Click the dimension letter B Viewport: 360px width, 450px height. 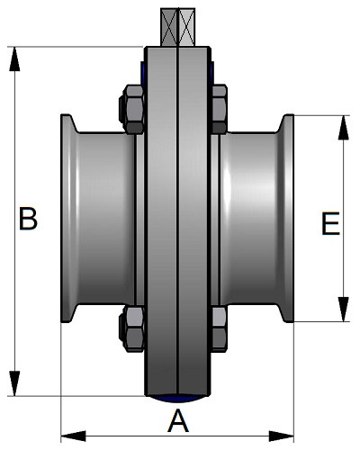click(x=28, y=219)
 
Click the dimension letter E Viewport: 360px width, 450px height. click(x=330, y=223)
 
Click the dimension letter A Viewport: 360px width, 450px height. click(x=178, y=420)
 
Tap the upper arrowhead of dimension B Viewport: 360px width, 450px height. click(x=14, y=58)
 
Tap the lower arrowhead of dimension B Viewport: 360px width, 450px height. click(x=14, y=383)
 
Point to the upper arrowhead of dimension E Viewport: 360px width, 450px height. click(x=344, y=128)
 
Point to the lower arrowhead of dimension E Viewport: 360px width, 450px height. click(x=344, y=310)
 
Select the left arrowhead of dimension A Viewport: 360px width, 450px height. click(x=73, y=436)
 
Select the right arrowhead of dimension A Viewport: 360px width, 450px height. click(x=282, y=436)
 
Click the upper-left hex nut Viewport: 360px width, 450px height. click(x=132, y=110)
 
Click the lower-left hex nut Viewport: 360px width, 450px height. click(x=132, y=328)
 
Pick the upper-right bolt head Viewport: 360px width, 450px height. click(x=219, y=110)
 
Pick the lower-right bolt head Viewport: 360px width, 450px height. click(x=219, y=328)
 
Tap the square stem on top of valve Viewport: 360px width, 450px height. click(x=178, y=27)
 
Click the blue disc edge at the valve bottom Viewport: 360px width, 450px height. click(x=178, y=399)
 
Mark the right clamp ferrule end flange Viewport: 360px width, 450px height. click(x=287, y=219)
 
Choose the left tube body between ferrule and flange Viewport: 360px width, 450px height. click(x=106, y=219)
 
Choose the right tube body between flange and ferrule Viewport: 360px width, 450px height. click(x=250, y=219)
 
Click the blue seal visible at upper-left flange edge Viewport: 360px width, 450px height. click(x=142, y=73)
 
